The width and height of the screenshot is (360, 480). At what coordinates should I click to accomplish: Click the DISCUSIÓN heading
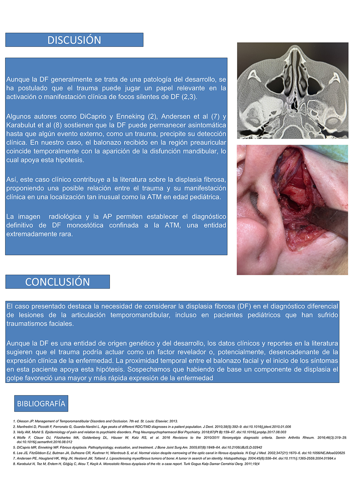click(74, 40)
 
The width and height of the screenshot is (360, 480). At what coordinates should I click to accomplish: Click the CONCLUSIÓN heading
click(57, 282)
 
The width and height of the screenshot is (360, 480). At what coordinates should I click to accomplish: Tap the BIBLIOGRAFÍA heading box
click(41, 404)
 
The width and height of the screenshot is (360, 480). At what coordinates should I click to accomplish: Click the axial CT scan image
click(292, 90)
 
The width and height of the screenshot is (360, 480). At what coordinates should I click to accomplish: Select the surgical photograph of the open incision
click(292, 210)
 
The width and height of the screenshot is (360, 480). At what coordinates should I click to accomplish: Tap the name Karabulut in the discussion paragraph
click(21, 125)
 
